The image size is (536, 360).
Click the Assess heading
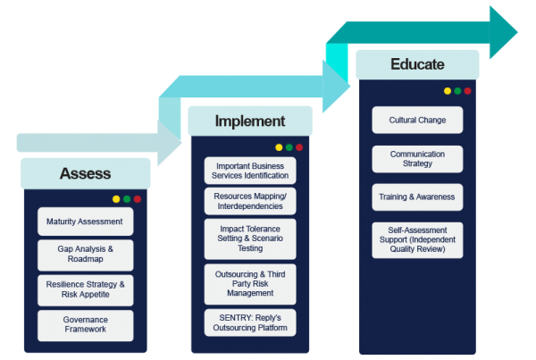[86, 173]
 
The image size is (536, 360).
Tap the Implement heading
[250, 121]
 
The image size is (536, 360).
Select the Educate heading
[417, 64]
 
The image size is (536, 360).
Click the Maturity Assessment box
[86, 222]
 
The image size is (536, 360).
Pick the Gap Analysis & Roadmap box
[86, 254]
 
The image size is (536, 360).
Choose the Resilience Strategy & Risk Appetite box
[86, 289]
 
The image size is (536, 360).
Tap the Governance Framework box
[86, 325]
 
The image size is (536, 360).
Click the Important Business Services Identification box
[250, 171]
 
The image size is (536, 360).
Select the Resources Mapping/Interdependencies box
[250, 201]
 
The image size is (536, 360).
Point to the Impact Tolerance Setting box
[250, 239]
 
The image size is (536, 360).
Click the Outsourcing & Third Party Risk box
[250, 284]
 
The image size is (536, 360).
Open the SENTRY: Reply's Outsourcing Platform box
[250, 322]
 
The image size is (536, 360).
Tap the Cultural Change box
[417, 120]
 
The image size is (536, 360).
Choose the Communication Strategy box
[417, 159]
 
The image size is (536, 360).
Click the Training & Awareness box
[417, 197]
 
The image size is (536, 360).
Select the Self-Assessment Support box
[417, 239]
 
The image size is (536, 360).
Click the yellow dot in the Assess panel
[116, 199]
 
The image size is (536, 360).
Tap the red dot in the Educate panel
[467, 91]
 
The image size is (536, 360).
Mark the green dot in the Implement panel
[289, 147]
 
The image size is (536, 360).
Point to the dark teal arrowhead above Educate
[503, 32]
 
